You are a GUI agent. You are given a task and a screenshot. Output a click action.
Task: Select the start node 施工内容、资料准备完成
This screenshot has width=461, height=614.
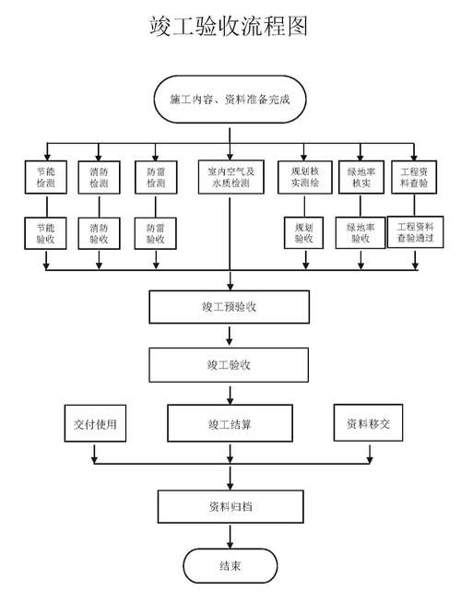click(230, 99)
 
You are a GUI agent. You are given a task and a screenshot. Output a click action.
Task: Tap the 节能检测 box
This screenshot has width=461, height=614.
click(45, 177)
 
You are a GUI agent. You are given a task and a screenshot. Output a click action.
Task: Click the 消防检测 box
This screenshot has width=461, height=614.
click(98, 177)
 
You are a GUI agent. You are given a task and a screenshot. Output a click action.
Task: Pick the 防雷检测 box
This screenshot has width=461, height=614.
click(150, 177)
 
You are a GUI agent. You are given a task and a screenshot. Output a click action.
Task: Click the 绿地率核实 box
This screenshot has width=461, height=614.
click(360, 177)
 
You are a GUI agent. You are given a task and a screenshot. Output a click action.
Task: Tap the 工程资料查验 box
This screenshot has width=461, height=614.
click(413, 177)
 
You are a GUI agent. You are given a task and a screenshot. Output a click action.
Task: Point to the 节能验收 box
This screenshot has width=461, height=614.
click(45, 232)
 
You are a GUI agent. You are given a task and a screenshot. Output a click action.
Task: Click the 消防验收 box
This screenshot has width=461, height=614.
click(98, 232)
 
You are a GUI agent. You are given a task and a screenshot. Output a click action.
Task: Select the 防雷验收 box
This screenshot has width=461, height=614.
click(150, 232)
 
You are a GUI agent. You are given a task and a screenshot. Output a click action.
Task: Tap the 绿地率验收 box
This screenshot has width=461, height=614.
click(360, 232)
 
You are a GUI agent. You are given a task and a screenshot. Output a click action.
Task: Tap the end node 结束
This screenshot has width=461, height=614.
click(230, 565)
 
